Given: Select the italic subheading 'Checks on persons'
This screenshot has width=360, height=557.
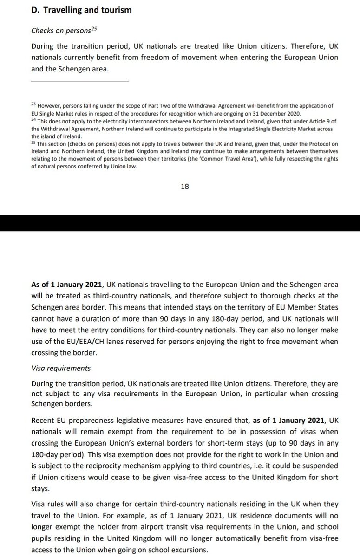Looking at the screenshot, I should point(60,31).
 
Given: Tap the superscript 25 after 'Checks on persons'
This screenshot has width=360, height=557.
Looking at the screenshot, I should point(93,29).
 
